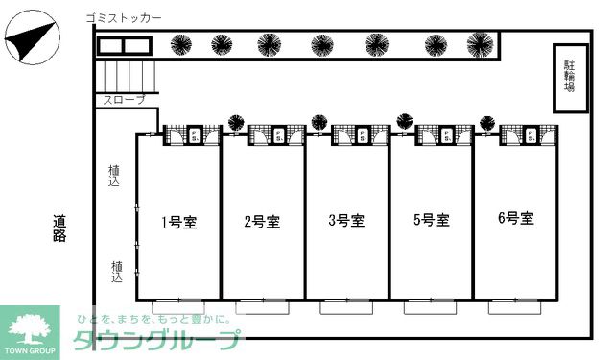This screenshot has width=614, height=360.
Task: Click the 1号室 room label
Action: pyautogui.click(x=178, y=223)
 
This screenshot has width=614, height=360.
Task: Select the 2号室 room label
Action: pyautogui.click(x=262, y=223)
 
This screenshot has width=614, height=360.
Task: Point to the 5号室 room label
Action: pyautogui.click(x=431, y=221)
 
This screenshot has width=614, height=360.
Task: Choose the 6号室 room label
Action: pyautogui.click(x=516, y=219)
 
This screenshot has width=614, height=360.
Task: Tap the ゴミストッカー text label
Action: pyautogui.click(x=123, y=18)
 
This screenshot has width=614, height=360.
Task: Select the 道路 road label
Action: pyautogui.click(x=59, y=228)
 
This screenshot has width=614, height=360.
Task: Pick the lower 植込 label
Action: pyautogui.click(x=116, y=272)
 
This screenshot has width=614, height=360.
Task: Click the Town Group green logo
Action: pyautogui.click(x=31, y=332)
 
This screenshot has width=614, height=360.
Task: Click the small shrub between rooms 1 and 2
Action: pyautogui.click(x=235, y=122)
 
